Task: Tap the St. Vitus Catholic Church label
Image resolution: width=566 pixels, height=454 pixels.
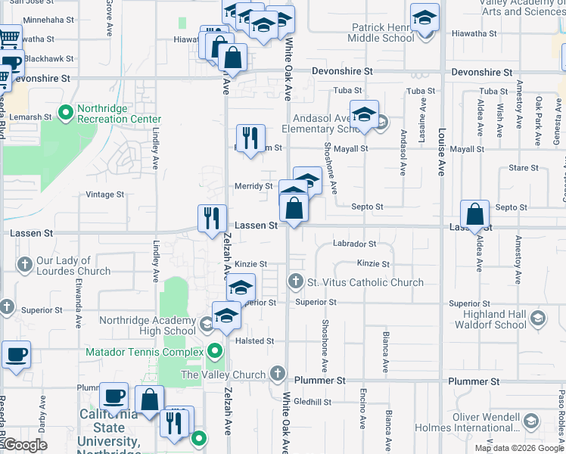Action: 365,283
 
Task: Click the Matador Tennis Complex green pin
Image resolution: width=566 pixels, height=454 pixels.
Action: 216,352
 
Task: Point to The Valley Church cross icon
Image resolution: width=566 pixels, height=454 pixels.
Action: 278,374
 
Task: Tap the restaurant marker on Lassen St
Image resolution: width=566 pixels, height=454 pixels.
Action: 212,219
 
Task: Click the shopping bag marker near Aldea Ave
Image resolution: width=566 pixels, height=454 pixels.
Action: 475,215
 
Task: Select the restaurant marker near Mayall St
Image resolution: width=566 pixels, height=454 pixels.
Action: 251,138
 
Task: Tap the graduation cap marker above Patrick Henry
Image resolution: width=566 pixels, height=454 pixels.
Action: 425,17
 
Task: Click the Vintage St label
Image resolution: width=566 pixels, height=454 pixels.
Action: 104,194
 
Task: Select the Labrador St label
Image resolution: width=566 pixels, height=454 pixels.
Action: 355,244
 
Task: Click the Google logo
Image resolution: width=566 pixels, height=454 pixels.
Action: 25,445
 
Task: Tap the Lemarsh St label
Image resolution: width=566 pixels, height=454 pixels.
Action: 31,117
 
